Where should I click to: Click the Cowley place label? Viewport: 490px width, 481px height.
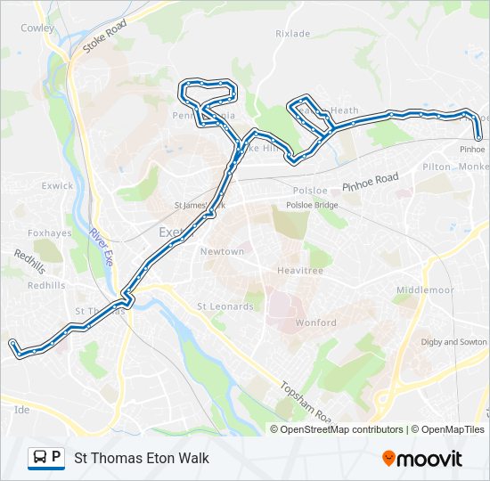click(37, 28)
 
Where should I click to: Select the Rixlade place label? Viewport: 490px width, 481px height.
click(293, 34)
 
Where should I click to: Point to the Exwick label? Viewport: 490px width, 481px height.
click(57, 186)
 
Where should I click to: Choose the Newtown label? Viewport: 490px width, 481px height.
click(222, 252)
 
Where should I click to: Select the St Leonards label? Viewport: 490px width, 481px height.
click(225, 306)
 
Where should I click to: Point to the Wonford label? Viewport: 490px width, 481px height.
click(315, 323)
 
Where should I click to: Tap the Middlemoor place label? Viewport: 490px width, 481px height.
click(425, 290)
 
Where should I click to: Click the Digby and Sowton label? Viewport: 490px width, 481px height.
click(453, 342)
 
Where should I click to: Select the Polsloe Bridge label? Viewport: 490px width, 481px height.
click(312, 205)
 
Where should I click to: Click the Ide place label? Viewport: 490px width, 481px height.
click(22, 410)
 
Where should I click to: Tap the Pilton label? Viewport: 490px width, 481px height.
click(437, 167)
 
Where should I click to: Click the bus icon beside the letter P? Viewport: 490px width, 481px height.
click(40, 458)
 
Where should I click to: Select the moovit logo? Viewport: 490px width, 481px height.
click(422, 459)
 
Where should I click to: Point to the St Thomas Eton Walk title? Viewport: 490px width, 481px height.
click(142, 458)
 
